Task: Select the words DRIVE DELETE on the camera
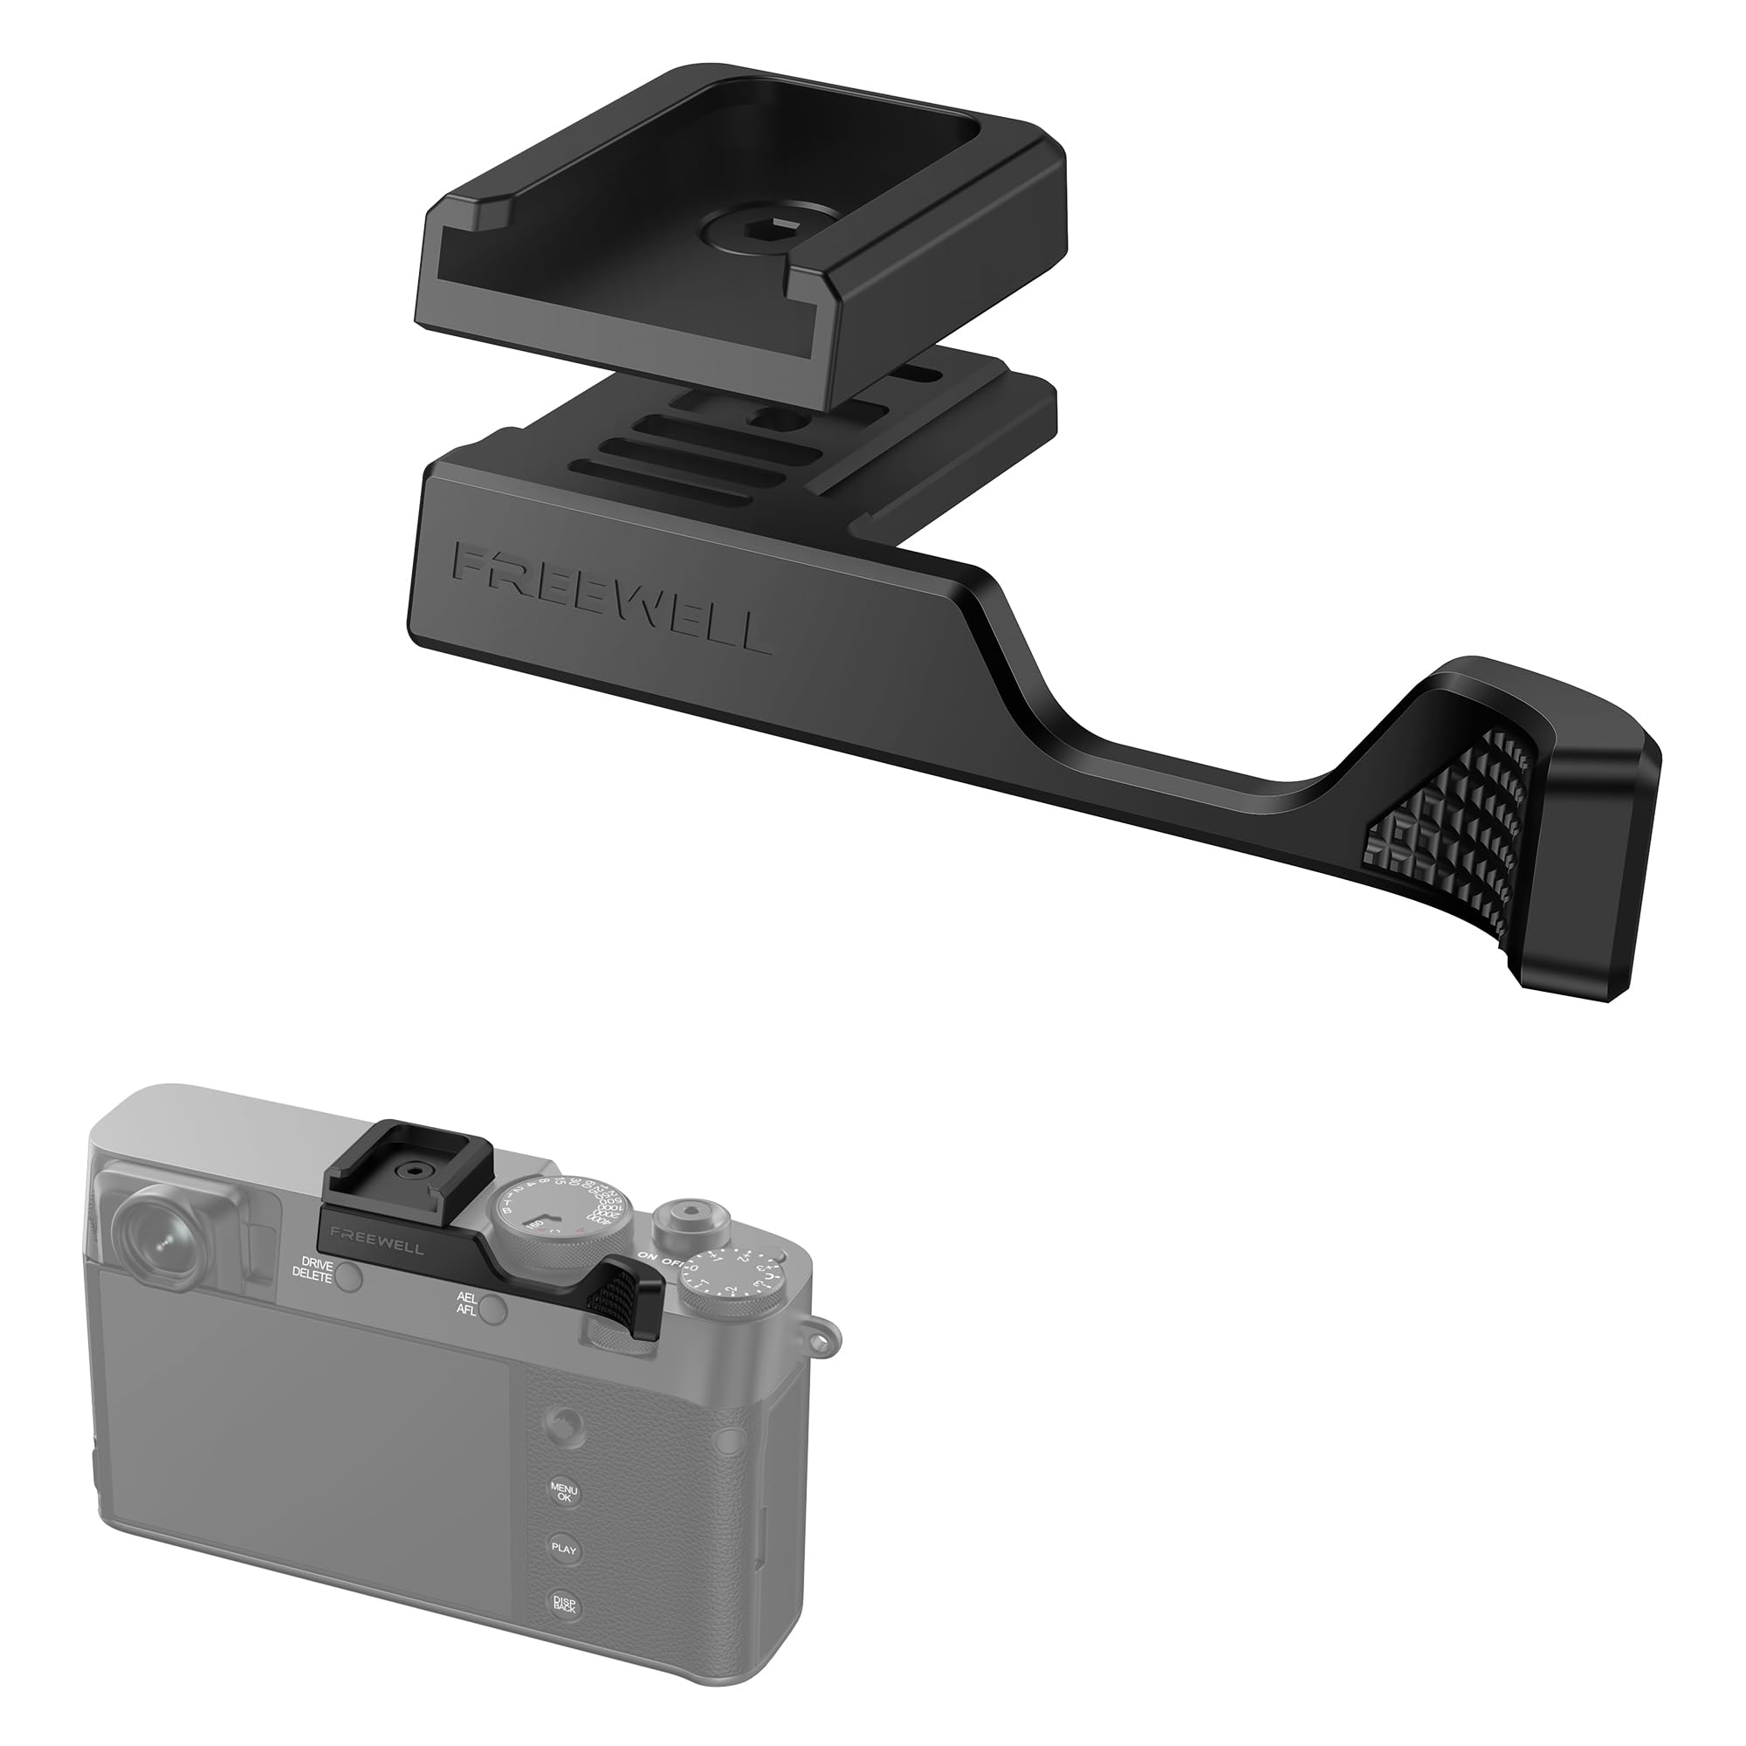click(313, 1268)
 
